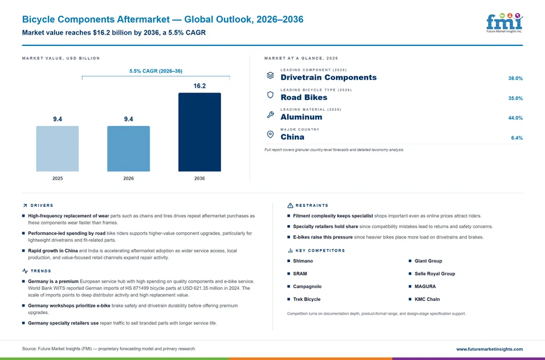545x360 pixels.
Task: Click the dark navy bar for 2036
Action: (199, 132)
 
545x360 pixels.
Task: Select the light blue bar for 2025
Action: (58, 149)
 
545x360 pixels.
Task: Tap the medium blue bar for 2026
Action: (128, 149)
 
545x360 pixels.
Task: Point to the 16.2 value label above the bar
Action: (199, 86)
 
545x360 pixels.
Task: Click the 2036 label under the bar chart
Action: (199, 178)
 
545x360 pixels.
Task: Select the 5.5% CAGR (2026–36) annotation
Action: (156, 71)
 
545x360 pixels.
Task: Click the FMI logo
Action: (504, 23)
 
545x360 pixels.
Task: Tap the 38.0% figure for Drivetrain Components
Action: (515, 79)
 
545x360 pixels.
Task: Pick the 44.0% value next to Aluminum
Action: (515, 118)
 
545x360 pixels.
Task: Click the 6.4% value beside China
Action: (517, 138)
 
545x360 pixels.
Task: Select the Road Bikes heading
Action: (304, 97)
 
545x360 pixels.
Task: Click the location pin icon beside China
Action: (270, 134)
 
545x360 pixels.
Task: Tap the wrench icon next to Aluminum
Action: (270, 114)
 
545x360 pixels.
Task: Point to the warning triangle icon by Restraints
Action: (290, 206)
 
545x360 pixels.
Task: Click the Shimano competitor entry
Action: (303, 261)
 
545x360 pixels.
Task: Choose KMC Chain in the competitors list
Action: (427, 299)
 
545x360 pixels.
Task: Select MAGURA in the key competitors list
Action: (425, 286)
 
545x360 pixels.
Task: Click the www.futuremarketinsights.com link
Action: (489, 349)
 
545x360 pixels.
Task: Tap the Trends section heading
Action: (41, 271)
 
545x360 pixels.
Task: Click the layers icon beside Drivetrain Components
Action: (270, 76)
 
